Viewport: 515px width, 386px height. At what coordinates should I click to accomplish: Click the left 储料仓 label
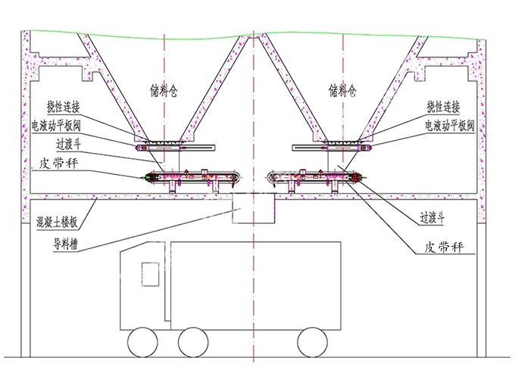[x=164, y=91]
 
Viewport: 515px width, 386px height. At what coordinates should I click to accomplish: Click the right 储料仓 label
[x=342, y=91]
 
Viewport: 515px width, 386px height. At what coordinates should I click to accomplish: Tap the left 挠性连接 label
[x=64, y=107]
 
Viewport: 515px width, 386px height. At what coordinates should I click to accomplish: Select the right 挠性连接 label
[x=443, y=107]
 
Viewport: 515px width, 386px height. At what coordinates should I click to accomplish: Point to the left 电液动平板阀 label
[x=56, y=126]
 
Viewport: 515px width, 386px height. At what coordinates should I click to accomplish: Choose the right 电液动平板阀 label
[x=450, y=126]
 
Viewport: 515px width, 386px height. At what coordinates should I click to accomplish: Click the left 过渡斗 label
[x=68, y=145]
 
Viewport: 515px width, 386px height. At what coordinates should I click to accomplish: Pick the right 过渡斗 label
[x=432, y=218]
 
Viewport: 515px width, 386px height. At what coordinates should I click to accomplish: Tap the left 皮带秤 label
[x=58, y=163]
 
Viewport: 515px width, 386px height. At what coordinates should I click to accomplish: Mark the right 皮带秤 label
[x=444, y=247]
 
